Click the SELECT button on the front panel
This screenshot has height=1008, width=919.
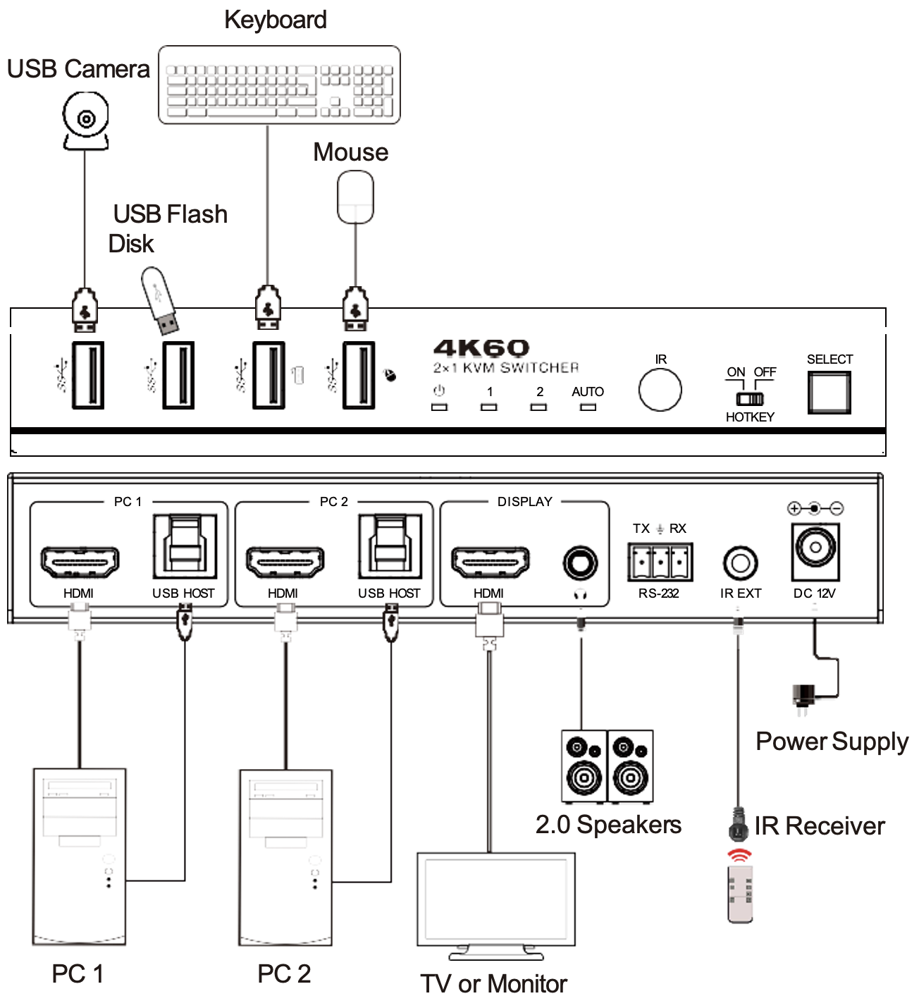(x=829, y=393)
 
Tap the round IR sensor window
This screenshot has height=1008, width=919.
(x=660, y=390)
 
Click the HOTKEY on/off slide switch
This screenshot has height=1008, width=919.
(x=750, y=398)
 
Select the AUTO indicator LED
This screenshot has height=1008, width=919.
(x=588, y=407)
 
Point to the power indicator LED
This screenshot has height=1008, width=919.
(x=439, y=407)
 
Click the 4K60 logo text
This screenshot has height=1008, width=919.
(x=481, y=348)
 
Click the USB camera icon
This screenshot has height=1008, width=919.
(x=86, y=122)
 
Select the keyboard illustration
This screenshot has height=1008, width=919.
(x=279, y=85)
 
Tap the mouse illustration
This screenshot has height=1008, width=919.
(x=355, y=197)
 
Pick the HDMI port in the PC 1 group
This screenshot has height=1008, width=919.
(x=80, y=562)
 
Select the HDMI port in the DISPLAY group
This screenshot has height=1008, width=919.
(x=490, y=562)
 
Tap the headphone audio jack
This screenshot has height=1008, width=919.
(x=580, y=563)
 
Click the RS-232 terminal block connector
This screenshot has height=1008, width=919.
(x=660, y=562)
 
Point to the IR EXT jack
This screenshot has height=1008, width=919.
(x=740, y=563)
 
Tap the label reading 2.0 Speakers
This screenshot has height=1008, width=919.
(x=608, y=825)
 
